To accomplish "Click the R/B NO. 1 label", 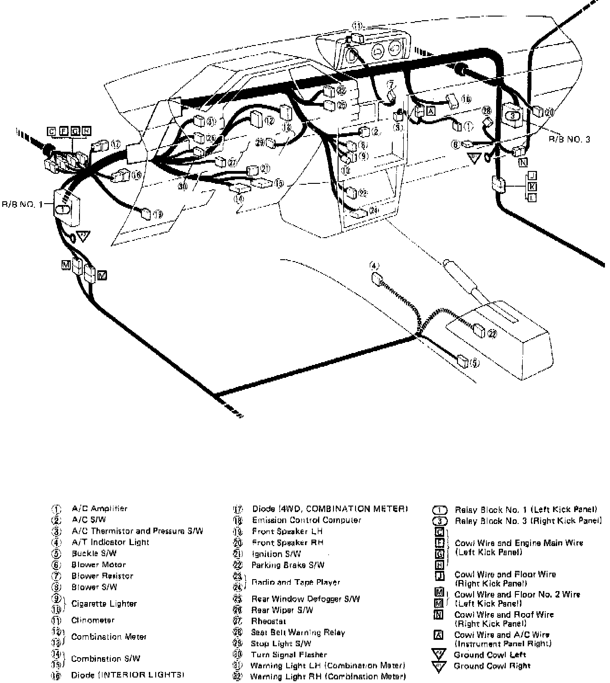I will coord(22,204).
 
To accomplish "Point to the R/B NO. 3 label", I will coord(570,139).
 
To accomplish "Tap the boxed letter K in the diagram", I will coord(532,187).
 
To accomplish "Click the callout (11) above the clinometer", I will coord(358,26).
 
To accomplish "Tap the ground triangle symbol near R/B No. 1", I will coord(83,236).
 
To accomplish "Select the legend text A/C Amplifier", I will coord(100,508).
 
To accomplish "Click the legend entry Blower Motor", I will coord(98,564).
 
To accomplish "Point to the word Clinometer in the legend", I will coord(93,620).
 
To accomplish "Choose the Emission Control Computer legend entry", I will coord(306,520).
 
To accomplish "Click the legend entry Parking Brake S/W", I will coord(288,565).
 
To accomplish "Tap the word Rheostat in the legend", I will coord(268,621).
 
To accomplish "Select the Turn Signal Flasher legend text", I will coord(288,655).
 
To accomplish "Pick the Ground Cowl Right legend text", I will coord(492,666).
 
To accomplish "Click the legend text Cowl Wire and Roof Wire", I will coord(504,615).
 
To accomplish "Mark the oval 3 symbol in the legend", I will coord(440,521).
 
